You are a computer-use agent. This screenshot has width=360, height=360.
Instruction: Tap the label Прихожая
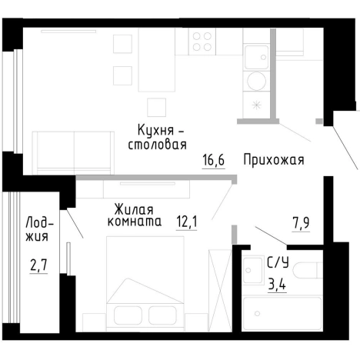[x=274, y=161]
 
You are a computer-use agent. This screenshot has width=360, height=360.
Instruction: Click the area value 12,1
[x=187, y=223]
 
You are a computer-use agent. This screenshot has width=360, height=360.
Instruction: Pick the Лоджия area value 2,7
[x=38, y=267]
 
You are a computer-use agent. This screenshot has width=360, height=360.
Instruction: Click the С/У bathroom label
[x=278, y=262]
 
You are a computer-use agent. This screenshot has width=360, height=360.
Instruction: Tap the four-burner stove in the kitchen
[x=202, y=42]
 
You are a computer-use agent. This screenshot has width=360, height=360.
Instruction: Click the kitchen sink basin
[x=255, y=55]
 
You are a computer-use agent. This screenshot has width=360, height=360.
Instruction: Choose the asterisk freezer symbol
[x=258, y=105]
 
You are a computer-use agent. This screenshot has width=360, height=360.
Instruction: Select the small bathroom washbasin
[x=252, y=268]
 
